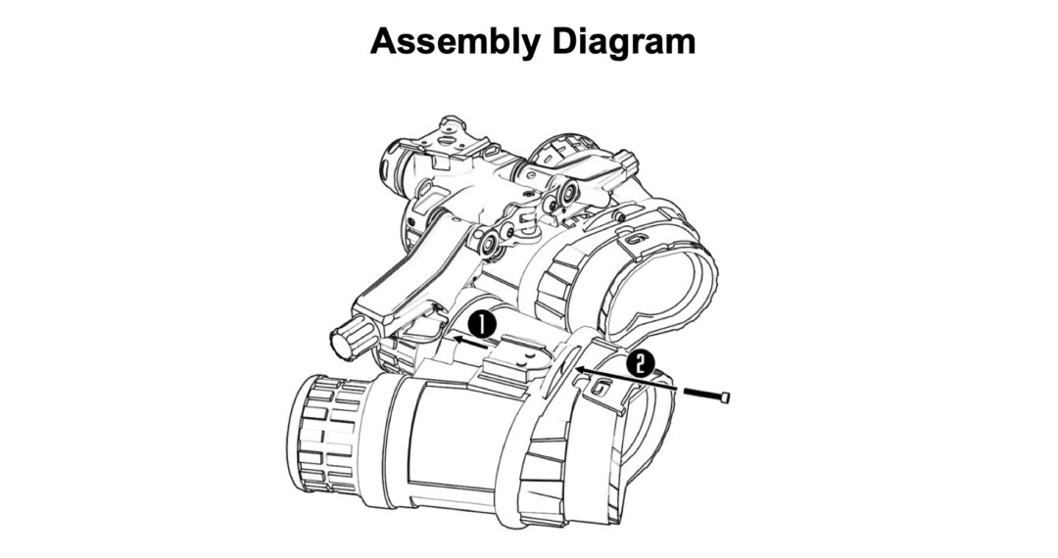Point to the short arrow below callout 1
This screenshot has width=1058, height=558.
(x=469, y=342)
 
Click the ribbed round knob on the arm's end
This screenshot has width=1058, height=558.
(x=348, y=343)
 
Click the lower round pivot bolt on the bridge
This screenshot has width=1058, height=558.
(x=487, y=241)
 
